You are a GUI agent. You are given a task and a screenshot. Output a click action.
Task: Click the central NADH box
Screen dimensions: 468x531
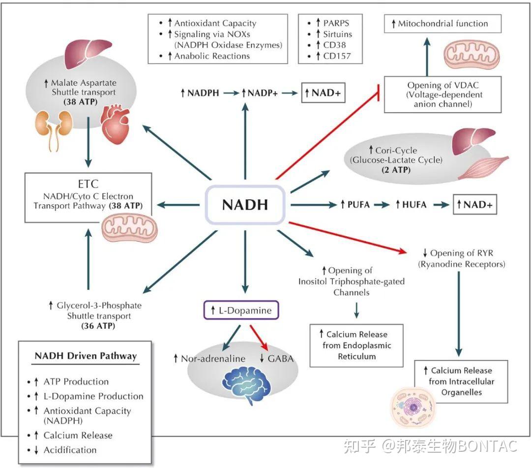[245, 205]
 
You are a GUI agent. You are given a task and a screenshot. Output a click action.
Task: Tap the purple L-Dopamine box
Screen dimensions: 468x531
[241, 311]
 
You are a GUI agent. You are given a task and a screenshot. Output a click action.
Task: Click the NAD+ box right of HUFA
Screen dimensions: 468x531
[474, 205]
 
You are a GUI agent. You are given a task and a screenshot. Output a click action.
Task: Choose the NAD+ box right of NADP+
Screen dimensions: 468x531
[324, 93]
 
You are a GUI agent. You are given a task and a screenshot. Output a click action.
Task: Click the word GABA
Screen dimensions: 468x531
[280, 358]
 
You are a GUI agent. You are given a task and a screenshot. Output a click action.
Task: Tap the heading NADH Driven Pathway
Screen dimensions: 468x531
[86, 356]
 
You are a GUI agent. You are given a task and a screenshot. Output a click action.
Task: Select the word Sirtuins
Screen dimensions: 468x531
[337, 34]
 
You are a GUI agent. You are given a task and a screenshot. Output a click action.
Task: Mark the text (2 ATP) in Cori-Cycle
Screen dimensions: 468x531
[396, 170]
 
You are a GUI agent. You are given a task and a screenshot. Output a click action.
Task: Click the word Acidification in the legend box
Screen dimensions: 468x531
[70, 450]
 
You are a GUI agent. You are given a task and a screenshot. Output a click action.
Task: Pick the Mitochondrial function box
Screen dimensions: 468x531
[442, 23]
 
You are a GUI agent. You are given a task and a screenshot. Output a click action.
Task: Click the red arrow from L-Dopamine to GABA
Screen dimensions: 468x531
[259, 334]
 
